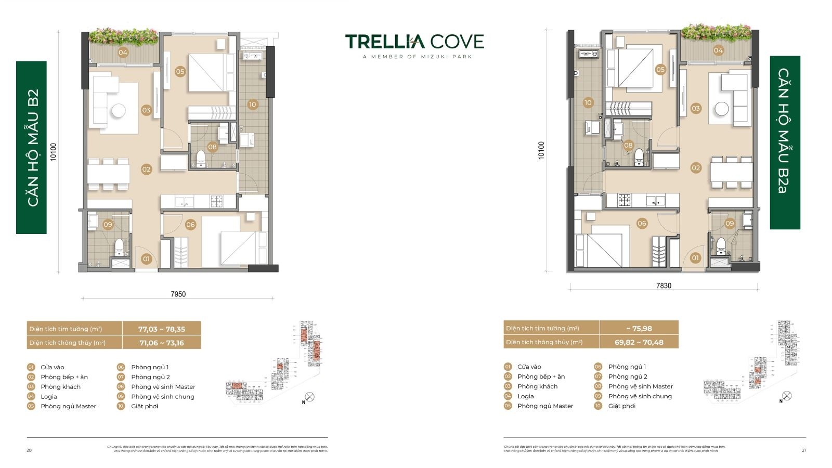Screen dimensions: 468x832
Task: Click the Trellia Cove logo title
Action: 414,42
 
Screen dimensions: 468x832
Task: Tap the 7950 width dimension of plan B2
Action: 178,294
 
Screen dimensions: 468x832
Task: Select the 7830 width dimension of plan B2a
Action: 664,285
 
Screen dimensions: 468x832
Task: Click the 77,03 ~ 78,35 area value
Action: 161,329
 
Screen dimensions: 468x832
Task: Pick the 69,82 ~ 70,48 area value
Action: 639,342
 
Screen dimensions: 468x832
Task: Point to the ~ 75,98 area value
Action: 639,328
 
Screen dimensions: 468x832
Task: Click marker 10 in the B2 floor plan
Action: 252,105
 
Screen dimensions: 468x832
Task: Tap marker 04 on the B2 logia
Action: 123,52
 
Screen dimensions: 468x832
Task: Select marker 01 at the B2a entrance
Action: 695,257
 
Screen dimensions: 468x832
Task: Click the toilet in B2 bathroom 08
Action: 200,157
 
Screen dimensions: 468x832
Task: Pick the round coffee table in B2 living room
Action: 118,110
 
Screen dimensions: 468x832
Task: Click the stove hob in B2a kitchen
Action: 624,200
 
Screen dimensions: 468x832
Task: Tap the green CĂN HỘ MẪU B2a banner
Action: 784,142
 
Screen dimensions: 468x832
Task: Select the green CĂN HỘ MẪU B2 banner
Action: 32,147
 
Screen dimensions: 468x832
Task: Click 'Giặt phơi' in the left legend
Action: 145,406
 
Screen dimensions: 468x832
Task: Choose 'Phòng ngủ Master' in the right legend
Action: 545,406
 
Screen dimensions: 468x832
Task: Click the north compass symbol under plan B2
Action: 309,398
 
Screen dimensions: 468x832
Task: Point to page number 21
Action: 803,450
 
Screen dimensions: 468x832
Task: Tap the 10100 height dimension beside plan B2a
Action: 541,150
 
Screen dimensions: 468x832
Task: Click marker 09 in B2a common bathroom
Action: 730,223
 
